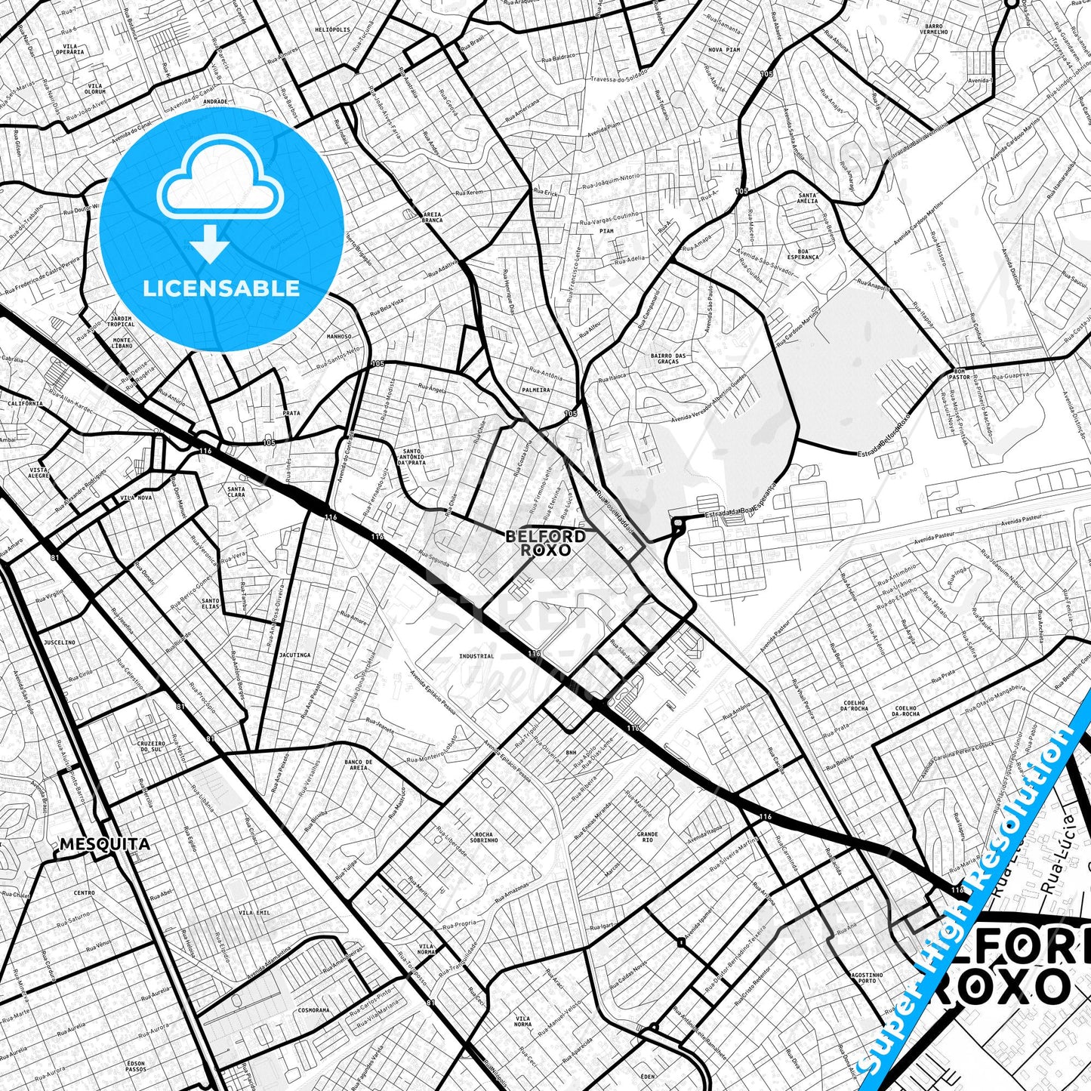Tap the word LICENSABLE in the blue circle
click(221, 288)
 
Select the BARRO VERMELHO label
click(934, 29)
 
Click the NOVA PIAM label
click(724, 50)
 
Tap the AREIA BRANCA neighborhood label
click(432, 217)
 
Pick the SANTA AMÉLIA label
click(808, 198)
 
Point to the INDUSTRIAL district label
click(476, 656)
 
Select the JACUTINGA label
click(294, 655)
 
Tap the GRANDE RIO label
click(647, 837)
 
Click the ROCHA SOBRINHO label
click(484, 837)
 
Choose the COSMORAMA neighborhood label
click(313, 1010)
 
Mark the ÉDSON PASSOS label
click(136, 1066)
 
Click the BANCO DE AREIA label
click(359, 765)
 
